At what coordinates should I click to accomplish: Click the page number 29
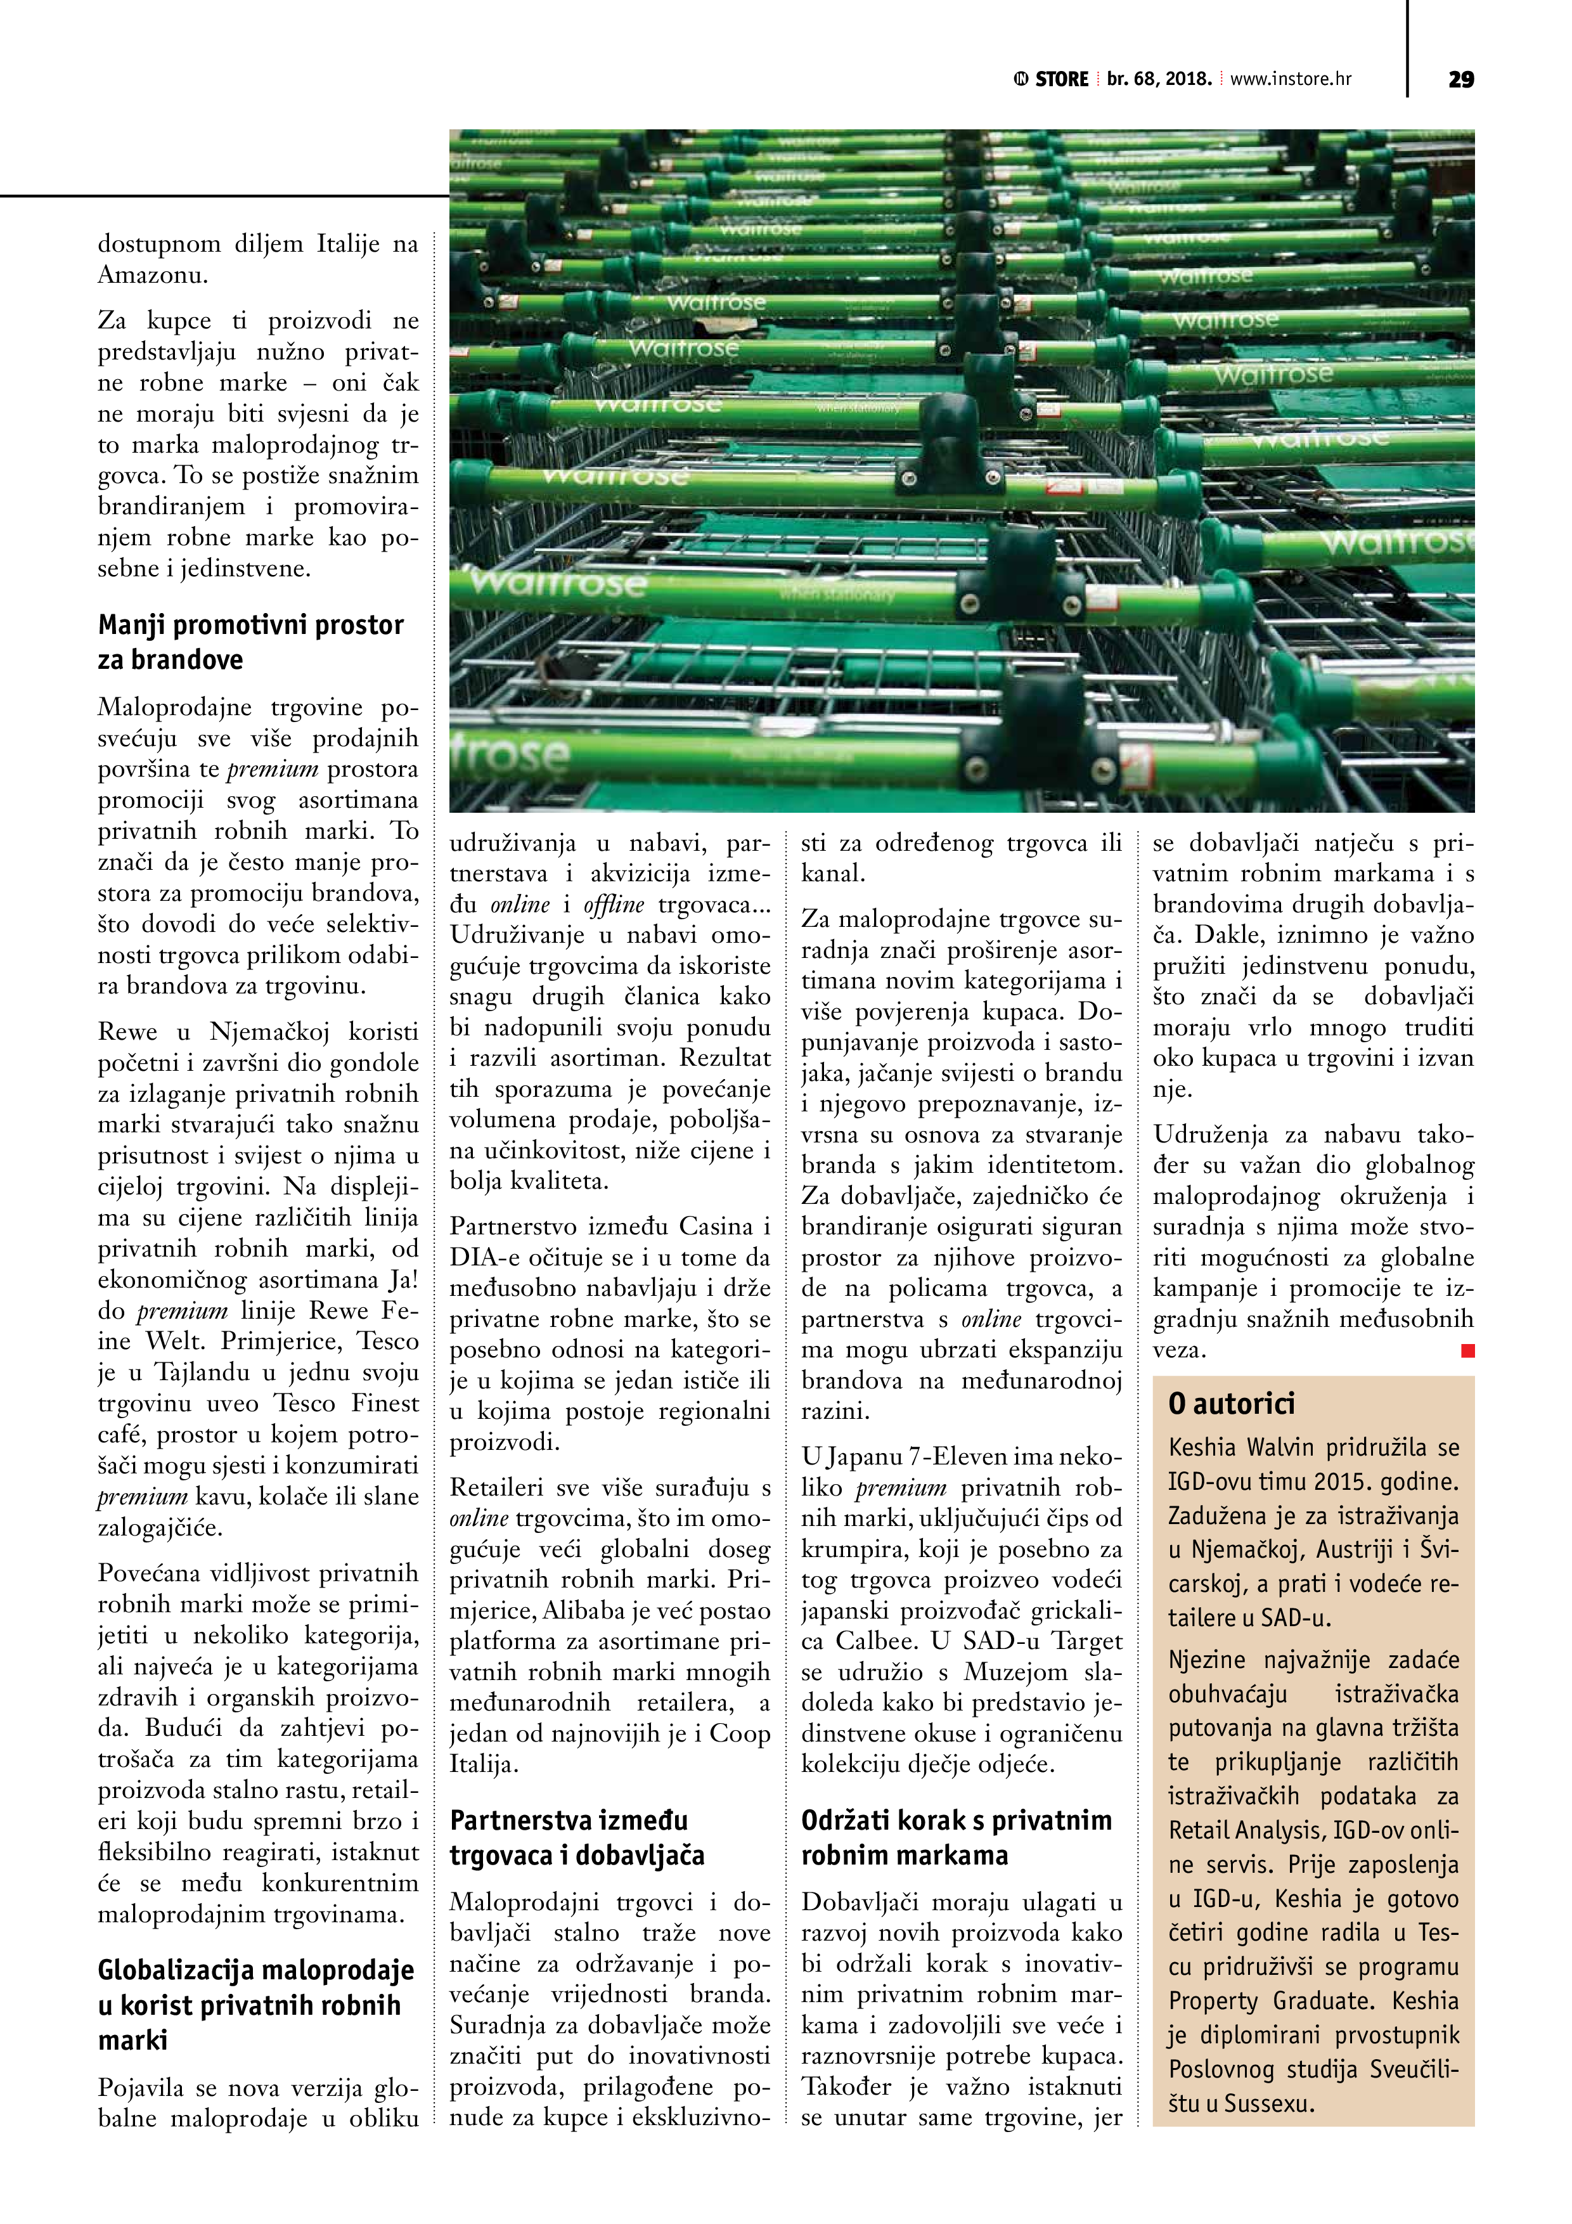[1460, 79]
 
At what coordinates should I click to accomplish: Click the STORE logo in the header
[1052, 79]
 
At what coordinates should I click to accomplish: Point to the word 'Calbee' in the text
[871, 1641]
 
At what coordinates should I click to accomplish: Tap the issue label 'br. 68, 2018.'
[1159, 79]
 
